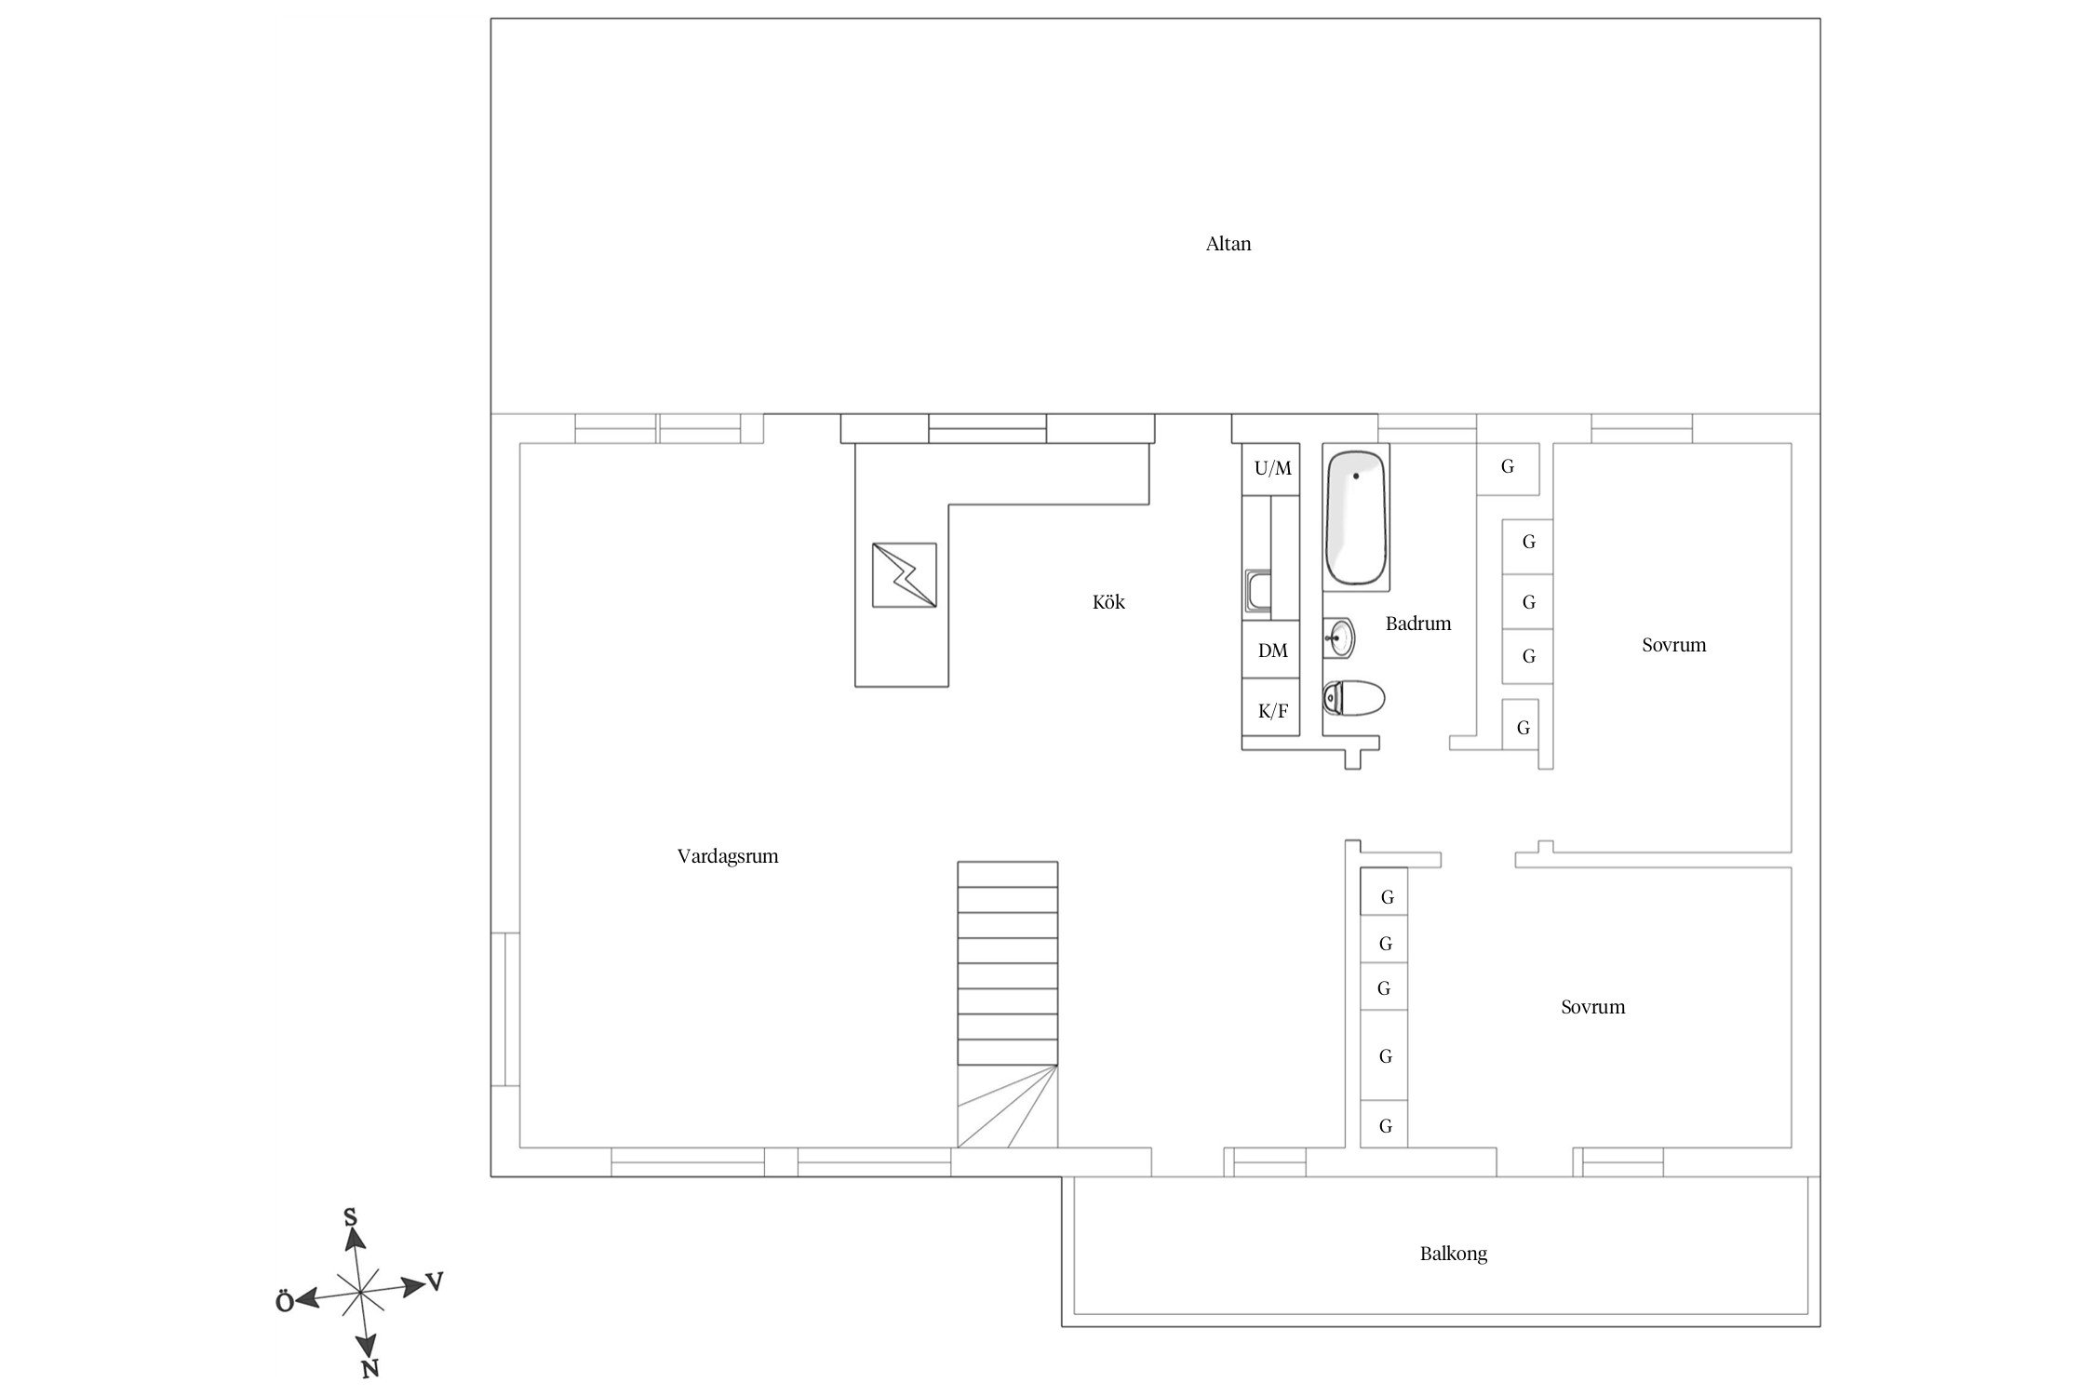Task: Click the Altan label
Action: tap(1228, 244)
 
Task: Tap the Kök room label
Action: tap(1108, 602)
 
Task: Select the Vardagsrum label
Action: tap(728, 856)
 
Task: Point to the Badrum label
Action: tap(1418, 624)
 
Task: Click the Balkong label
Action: tap(1454, 1254)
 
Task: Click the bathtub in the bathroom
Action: tap(1356, 517)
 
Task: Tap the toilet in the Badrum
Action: tap(1353, 698)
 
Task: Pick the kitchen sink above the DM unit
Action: tap(1258, 594)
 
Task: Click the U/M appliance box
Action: tap(1271, 469)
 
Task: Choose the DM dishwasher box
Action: tap(1271, 650)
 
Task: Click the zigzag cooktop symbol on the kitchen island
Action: tap(904, 575)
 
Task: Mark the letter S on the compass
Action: tap(351, 1217)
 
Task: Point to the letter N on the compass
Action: tap(369, 1368)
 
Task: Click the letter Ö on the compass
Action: tap(285, 1302)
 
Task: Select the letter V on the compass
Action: tap(435, 1282)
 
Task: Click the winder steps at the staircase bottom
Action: tap(1008, 1106)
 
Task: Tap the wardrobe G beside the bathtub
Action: tap(1507, 467)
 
